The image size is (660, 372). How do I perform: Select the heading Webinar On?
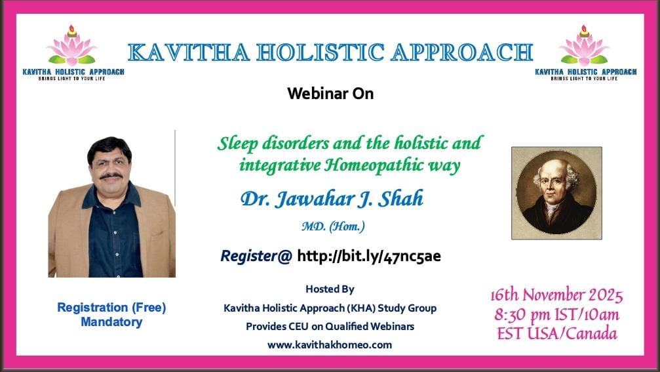click(x=330, y=94)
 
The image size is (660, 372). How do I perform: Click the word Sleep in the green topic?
click(x=238, y=144)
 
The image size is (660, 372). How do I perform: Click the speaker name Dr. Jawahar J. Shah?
click(x=332, y=198)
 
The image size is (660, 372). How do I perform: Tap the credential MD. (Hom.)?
click(x=334, y=226)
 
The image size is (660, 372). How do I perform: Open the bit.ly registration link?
click(x=369, y=256)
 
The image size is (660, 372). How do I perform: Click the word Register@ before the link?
click(x=256, y=256)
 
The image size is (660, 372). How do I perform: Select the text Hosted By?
click(x=330, y=289)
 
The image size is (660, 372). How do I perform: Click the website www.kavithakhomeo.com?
click(x=330, y=345)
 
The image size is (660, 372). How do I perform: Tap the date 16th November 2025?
click(x=556, y=295)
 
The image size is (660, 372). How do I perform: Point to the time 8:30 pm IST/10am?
click(x=556, y=315)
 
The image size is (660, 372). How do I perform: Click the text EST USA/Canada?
click(x=557, y=334)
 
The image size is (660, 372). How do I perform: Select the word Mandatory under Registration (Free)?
click(x=111, y=322)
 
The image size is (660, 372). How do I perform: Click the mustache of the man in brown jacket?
click(x=111, y=176)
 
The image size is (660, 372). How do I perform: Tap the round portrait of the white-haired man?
click(x=556, y=193)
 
